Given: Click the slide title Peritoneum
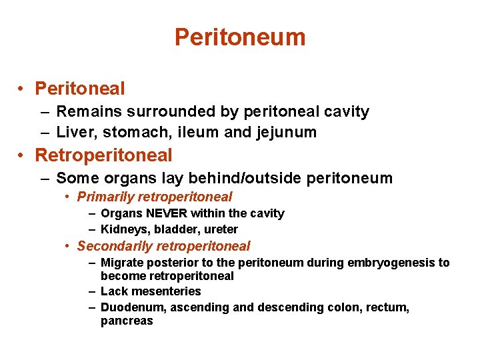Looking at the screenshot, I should (240, 37).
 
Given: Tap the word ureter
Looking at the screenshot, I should (221, 230).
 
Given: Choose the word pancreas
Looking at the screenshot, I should (127, 321).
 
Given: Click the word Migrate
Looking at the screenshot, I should (121, 263).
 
